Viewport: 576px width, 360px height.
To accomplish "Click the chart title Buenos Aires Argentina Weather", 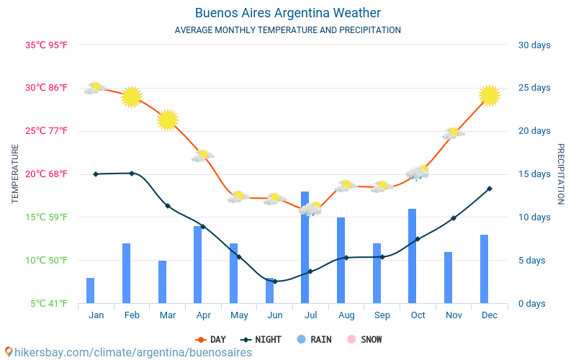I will pos(288,13).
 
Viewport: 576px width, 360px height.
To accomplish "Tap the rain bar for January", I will pos(91,290).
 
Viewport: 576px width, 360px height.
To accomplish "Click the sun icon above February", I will pos(132,96).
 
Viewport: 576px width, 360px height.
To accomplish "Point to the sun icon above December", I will pos(490,95).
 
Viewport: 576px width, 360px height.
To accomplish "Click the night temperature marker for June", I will pos(275,282).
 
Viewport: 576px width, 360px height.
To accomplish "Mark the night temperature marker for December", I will pos(490,189).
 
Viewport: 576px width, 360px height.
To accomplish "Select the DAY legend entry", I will pos(210,339).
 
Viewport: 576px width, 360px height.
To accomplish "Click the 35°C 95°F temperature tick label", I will pos(46,45).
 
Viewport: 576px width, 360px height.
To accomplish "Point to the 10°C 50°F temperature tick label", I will pos(46,260).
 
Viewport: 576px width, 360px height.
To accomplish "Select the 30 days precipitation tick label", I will pos(534,45).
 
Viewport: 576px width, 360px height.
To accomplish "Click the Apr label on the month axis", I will pos(203,315).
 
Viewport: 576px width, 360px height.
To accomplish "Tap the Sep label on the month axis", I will pos(382,315).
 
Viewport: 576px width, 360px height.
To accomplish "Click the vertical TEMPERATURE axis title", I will pos(16,174).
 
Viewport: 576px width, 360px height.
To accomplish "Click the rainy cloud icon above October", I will pos(418,172).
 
